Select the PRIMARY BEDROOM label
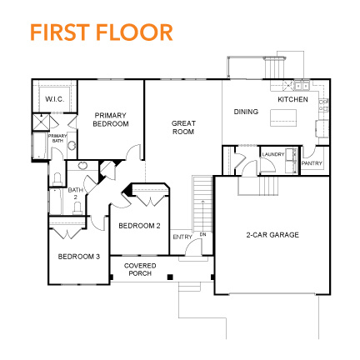pos(112,119)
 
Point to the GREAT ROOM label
pos(183,127)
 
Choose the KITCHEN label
pos(292,99)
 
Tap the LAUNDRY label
pos(272,154)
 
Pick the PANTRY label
pos(312,163)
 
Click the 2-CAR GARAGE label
pos(272,234)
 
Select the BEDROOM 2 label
pos(139,225)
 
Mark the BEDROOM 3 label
pos(78,256)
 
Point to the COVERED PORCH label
pos(139,269)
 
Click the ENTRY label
pos(182,237)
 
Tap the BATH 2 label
pos(75,193)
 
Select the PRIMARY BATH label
pos(57,138)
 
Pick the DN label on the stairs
pos(202,235)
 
